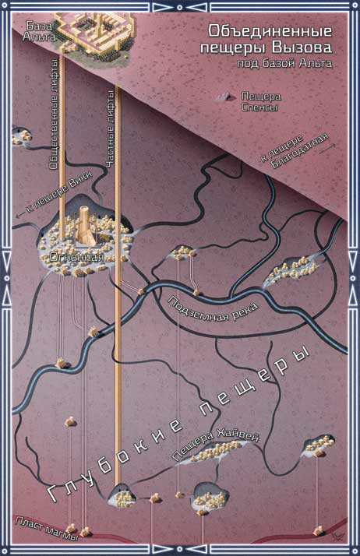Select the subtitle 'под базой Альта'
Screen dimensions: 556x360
[284, 64]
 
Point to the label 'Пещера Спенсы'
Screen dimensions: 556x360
[260, 101]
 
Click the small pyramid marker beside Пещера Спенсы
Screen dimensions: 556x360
[226, 95]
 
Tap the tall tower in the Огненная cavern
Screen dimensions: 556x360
[85, 226]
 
